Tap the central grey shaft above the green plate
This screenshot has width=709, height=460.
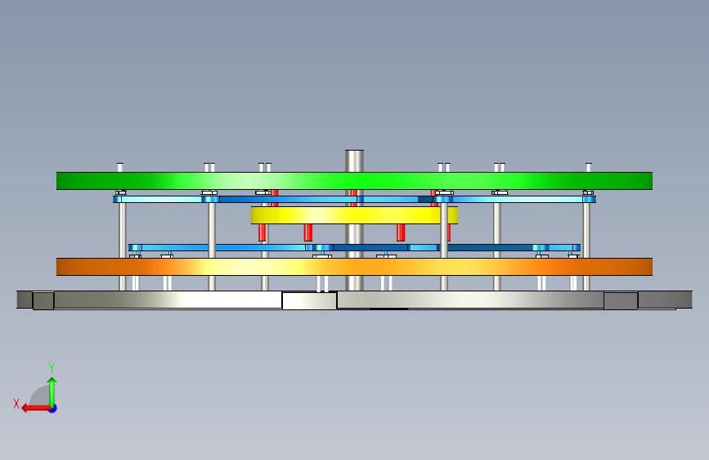[x=354, y=160]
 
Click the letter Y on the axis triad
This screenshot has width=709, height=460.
[x=51, y=368]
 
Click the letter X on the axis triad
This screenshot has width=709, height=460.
[x=16, y=403]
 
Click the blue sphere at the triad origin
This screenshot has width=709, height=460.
[x=52, y=408]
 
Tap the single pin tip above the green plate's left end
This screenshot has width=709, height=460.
[x=120, y=167]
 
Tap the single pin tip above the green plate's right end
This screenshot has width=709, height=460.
[x=589, y=167]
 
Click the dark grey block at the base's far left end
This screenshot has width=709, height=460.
[x=25, y=300]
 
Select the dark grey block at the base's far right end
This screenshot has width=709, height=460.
[x=664, y=300]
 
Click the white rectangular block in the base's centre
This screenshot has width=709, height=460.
[x=309, y=300]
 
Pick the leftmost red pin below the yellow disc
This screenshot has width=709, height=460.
[x=263, y=232]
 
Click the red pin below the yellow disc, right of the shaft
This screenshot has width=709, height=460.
[x=401, y=232]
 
